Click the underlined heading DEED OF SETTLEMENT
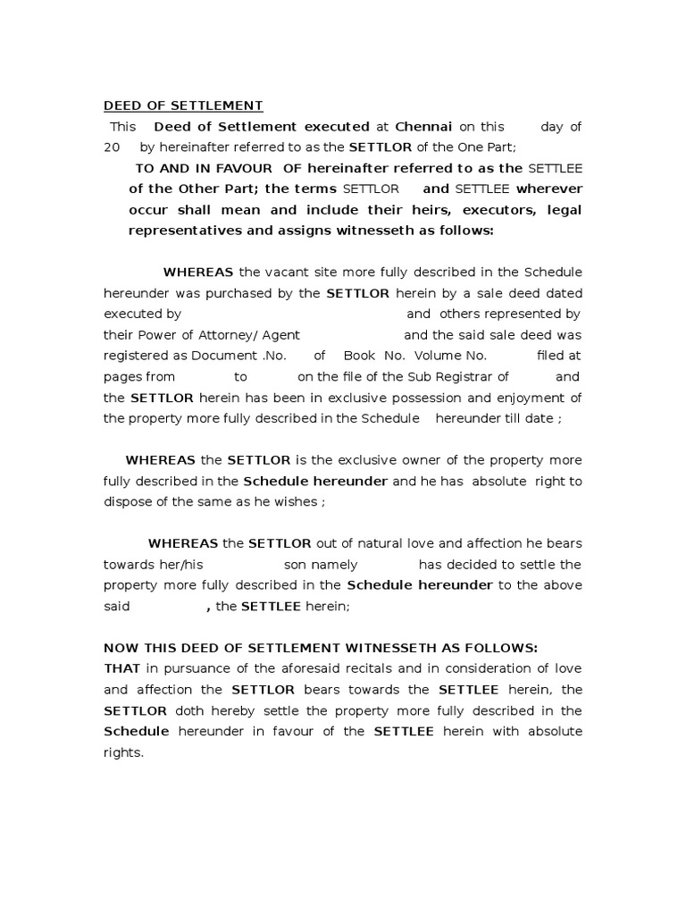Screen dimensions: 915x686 [183, 106]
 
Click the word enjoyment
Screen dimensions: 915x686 [531, 398]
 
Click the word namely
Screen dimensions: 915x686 [334, 564]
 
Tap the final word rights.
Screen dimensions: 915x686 [123, 751]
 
